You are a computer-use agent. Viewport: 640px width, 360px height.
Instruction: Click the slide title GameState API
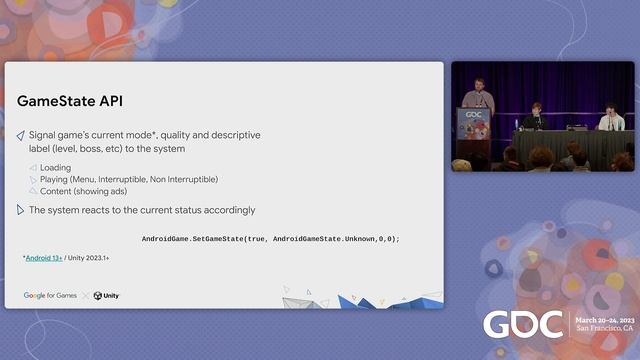[70, 101]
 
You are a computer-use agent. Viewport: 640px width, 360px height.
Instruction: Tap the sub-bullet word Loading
[55, 168]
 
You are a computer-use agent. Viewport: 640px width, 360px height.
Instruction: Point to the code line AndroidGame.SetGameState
[270, 239]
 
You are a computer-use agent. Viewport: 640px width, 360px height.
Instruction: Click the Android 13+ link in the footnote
[44, 258]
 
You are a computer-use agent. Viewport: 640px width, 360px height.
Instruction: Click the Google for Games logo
[50, 296]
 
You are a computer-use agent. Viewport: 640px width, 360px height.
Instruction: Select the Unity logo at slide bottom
[107, 296]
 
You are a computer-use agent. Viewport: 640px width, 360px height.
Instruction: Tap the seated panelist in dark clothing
[537, 117]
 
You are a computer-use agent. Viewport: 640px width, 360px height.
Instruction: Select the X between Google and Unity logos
[85, 296]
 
